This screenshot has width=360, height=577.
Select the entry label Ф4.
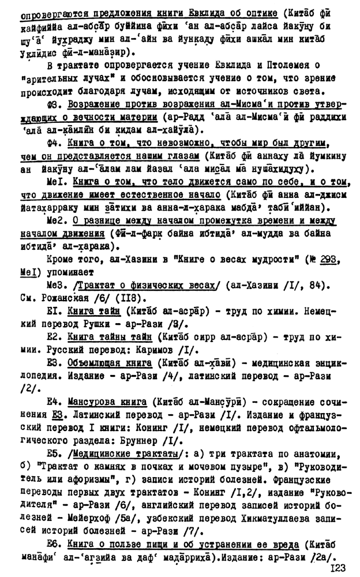[x=57, y=141]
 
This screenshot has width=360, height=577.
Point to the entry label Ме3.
[x=58, y=284]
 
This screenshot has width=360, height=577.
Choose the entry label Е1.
[x=56, y=310]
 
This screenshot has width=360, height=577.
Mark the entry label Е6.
[x=57, y=544]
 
